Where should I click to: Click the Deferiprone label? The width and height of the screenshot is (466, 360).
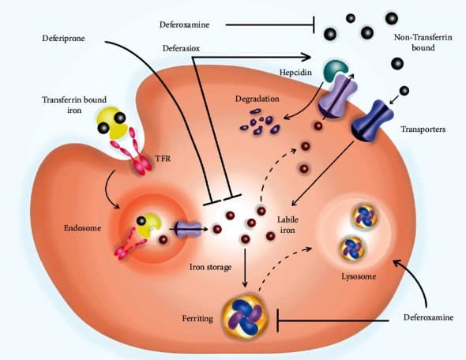63,39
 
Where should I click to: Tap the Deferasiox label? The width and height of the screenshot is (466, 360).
181,48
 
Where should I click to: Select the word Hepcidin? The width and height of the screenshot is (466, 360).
295,73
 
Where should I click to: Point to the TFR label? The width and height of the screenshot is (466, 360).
163,159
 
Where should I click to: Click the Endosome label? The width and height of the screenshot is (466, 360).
82,228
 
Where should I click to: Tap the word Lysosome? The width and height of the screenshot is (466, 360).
359,276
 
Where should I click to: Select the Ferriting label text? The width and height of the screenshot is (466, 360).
197,319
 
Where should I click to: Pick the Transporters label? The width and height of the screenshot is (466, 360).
423,129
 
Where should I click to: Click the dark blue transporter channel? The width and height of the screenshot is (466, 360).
372,121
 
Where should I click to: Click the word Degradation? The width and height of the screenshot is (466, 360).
257,99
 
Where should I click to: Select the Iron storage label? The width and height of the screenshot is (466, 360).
210,268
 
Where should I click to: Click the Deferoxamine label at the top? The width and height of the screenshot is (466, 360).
184,24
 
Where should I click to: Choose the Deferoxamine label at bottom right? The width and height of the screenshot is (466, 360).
428,317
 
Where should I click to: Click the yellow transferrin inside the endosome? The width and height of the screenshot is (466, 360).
149,225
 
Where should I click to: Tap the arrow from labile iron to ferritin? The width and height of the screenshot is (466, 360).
245,268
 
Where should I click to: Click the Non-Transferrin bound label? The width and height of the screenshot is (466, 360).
423,43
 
